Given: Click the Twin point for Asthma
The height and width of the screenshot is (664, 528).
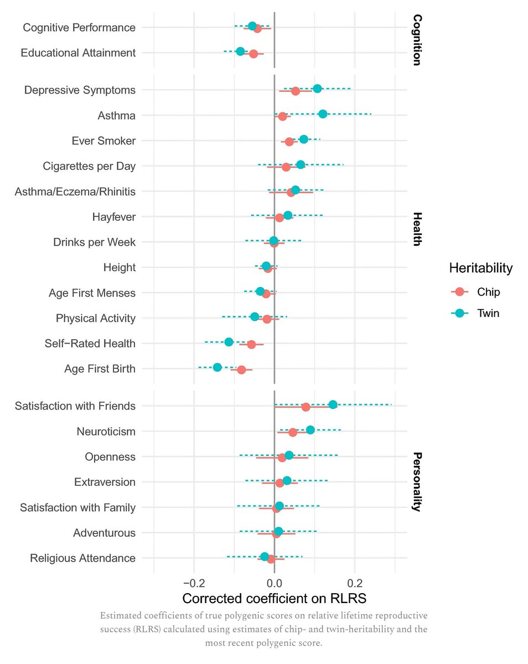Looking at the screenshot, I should click(323, 113).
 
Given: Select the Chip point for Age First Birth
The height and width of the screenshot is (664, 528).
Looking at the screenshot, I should click(241, 370).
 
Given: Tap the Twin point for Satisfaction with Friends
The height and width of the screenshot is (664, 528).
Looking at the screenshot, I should click(333, 404).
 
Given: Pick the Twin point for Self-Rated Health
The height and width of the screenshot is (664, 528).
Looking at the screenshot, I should click(229, 342).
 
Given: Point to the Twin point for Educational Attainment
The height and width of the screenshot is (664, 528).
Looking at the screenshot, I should click(240, 51).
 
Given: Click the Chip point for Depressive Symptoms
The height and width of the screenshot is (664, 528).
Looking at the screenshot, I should click(296, 91).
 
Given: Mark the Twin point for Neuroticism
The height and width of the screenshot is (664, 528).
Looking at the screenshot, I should click(310, 430).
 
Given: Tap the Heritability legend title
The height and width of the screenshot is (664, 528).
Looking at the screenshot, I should click(480, 268).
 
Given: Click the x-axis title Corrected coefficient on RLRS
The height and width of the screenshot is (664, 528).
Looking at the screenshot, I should click(274, 599).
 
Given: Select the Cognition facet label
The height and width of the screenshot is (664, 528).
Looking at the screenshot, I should click(417, 40).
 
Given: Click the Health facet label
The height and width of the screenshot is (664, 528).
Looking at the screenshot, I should click(417, 229).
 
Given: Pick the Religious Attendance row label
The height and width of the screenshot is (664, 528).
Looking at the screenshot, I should click(83, 558).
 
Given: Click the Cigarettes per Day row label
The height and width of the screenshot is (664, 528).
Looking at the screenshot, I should click(89, 165).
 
